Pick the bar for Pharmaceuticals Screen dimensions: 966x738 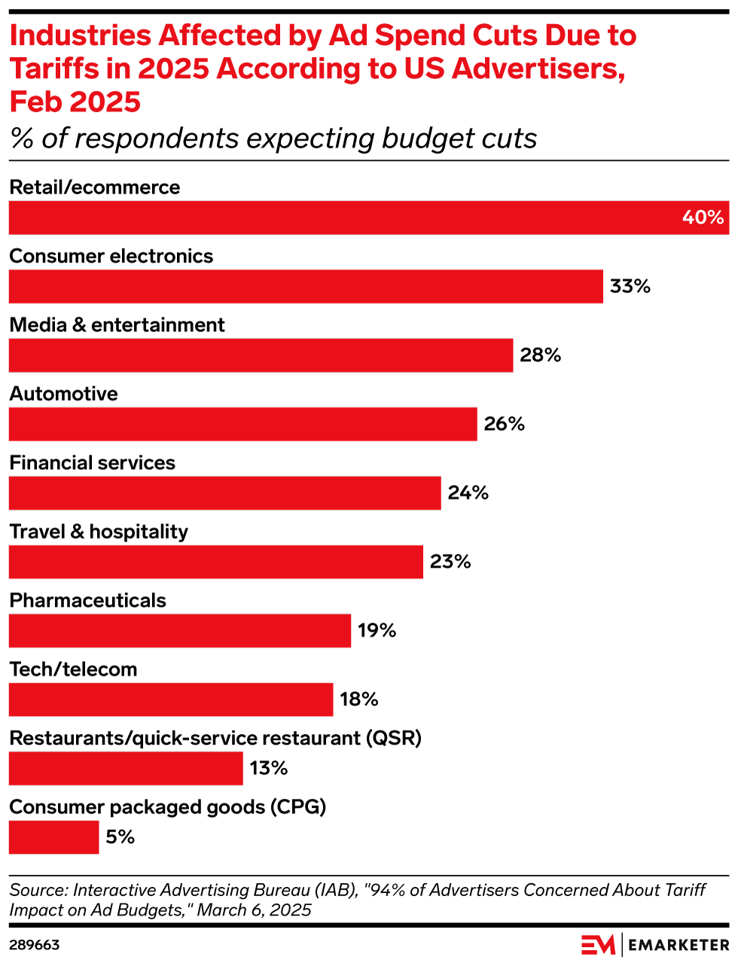pos(180,630)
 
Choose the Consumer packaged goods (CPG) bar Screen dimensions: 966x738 pos(53,837)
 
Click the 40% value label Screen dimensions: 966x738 pos(703,218)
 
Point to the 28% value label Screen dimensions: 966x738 pos(540,355)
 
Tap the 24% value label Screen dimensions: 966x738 pos(468,493)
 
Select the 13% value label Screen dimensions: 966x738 pos(269,768)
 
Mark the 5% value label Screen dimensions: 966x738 pos(120,837)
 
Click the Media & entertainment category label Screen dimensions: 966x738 pos(117,325)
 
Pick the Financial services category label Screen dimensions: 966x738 pos(92,462)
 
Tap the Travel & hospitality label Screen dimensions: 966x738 pos(99,532)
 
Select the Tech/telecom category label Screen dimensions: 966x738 pos(73,669)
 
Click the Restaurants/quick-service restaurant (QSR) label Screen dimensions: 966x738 pos(215,738)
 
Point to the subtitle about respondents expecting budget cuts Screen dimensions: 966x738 pos(273,139)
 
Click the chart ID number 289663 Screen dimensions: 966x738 pos(35,945)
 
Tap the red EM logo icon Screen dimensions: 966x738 pos(598,945)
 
